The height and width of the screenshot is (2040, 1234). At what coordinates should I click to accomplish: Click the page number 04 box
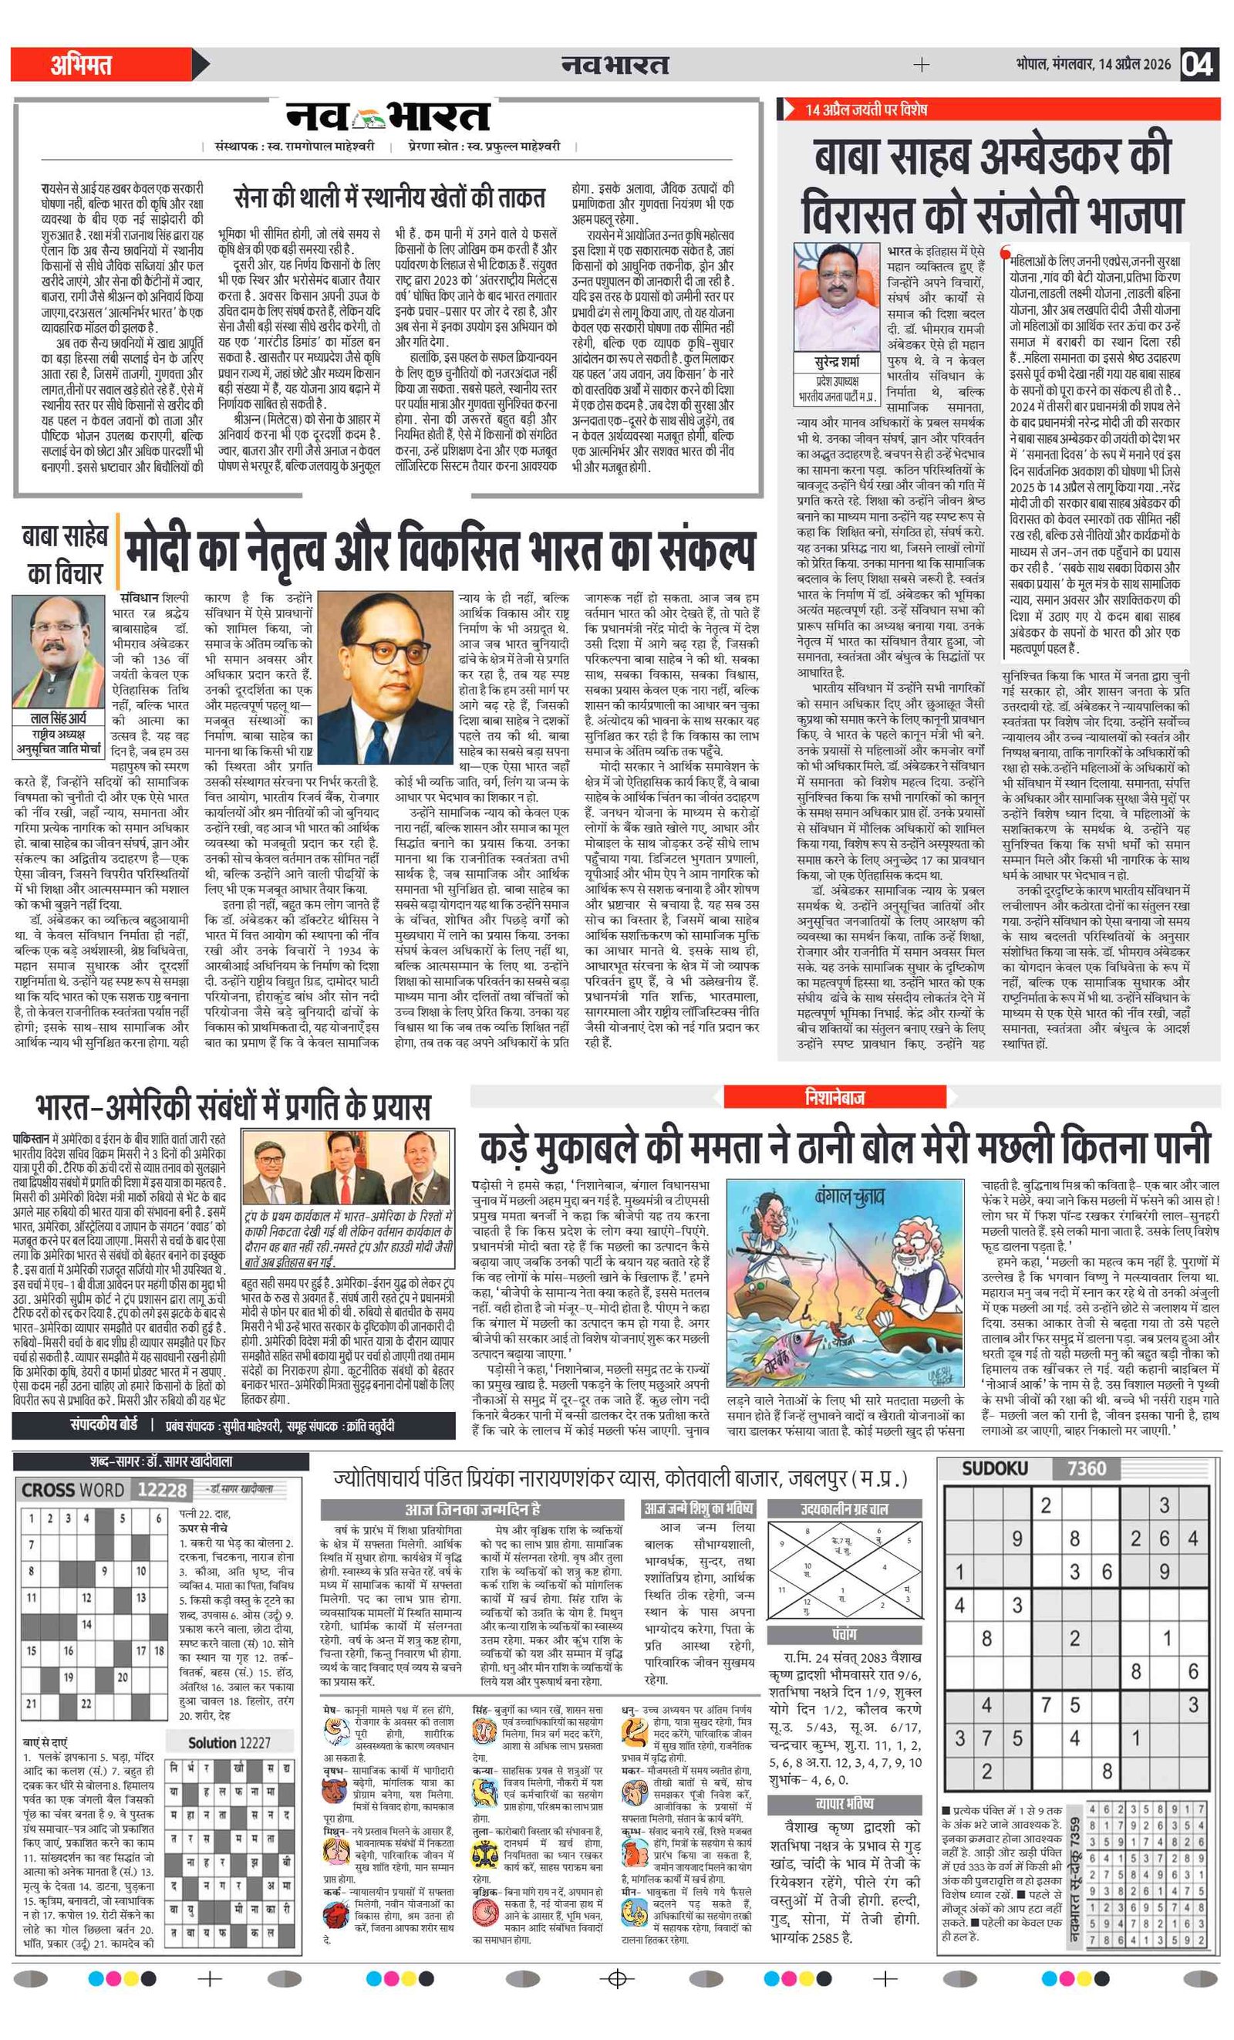point(1198,64)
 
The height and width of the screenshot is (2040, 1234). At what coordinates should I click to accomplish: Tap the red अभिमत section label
point(81,65)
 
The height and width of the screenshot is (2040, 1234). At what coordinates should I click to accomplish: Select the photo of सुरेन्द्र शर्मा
point(837,296)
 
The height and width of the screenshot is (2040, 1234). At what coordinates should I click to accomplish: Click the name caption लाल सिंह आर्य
point(58,718)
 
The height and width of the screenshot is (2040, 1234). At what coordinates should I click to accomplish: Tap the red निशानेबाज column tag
point(834,1097)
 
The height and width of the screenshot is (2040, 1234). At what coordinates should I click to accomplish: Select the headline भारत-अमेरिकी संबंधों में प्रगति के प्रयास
point(234,1107)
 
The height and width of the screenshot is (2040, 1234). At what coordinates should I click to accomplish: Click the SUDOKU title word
point(994,1469)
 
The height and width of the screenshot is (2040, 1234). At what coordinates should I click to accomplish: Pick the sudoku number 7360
point(1086,1469)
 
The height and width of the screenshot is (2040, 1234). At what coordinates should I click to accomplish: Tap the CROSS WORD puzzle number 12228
point(162,1490)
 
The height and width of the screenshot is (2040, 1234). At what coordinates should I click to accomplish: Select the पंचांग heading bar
point(845,1634)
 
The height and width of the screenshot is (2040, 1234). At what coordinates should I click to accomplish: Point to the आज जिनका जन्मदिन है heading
point(472,1509)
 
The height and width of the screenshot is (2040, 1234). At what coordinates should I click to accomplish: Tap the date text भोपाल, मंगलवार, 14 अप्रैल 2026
point(1094,65)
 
